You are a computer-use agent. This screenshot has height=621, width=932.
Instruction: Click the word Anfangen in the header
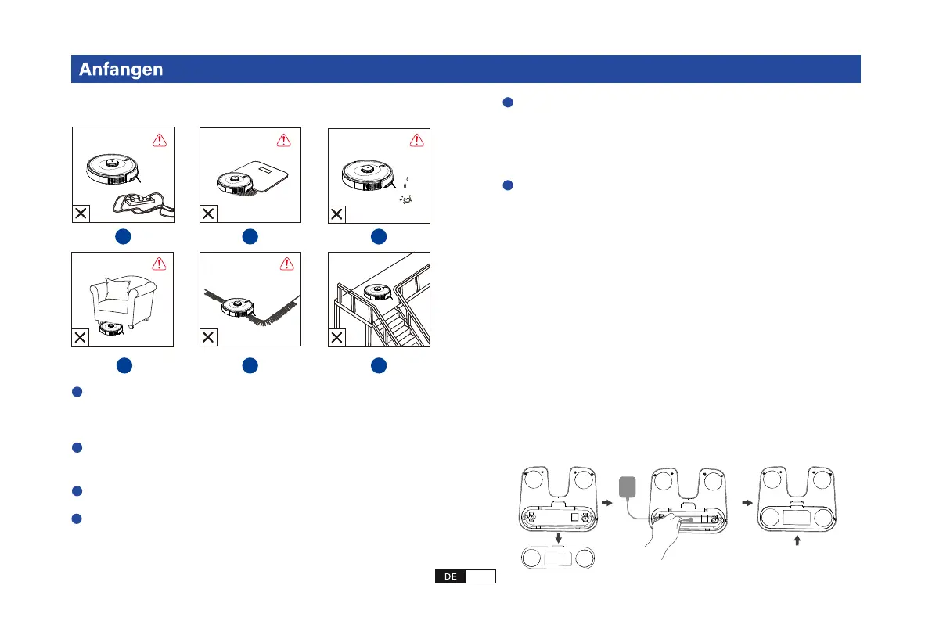pyautogui.click(x=121, y=69)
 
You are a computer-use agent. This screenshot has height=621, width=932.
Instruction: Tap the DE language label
pyautogui.click(x=450, y=576)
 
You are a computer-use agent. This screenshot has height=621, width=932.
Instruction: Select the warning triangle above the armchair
pyautogui.click(x=159, y=265)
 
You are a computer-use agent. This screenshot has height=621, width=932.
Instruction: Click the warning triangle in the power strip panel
pyautogui.click(x=159, y=141)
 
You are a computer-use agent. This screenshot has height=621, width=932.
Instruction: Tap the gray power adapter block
pyautogui.click(x=627, y=487)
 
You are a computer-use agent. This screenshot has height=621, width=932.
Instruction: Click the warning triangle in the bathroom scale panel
pyautogui.click(x=284, y=141)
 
